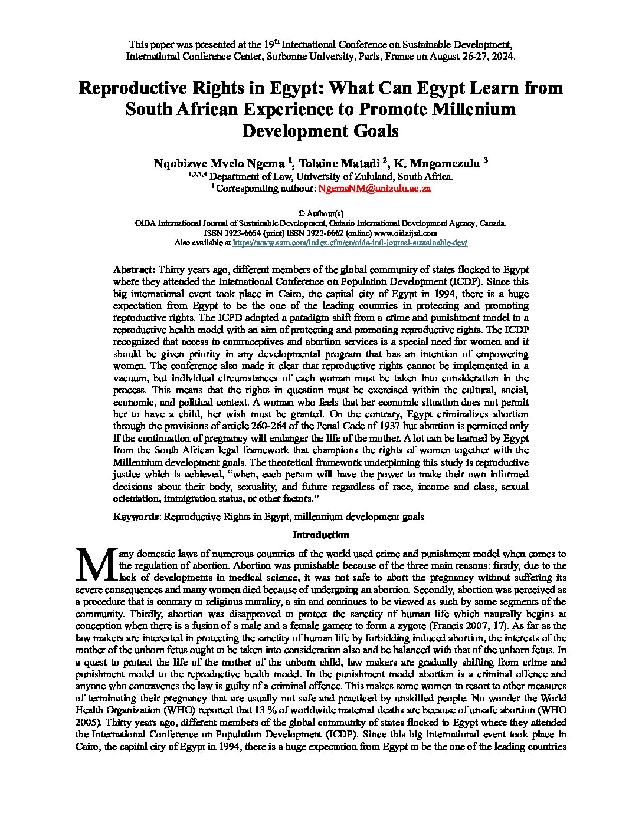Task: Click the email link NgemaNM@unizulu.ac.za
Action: click(374, 189)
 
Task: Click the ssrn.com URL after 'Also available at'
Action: click(350, 242)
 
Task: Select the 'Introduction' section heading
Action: click(321, 535)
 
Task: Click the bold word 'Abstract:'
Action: click(135, 269)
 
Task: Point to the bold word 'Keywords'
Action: click(136, 516)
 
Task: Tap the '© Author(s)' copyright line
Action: click(321, 213)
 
